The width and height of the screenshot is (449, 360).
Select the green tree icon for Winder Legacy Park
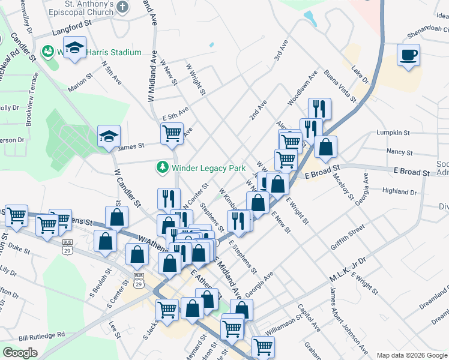pos(161,166)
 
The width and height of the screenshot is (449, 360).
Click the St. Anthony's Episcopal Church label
pos(82,8)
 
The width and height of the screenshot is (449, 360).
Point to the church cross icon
pos(122,8)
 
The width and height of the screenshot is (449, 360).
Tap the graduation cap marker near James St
pos(109,136)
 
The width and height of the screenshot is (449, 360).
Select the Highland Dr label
pos(399,192)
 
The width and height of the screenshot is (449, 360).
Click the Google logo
pos(20,353)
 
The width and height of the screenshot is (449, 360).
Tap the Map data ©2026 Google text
pos(412,355)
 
